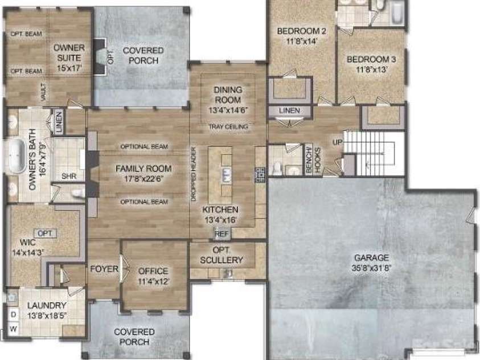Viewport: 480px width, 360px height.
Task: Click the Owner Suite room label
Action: [68, 53]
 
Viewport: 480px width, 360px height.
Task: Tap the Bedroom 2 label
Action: [301, 31]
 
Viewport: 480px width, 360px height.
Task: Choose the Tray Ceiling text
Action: [228, 126]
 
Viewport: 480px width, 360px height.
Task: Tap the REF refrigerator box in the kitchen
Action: [221, 233]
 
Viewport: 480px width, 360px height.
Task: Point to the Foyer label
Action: [104, 269]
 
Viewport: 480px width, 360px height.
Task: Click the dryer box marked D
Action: [13, 314]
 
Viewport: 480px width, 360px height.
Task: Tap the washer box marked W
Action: [13, 329]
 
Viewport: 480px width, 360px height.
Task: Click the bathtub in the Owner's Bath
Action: [15, 154]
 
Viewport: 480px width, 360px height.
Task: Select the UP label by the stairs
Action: [337, 141]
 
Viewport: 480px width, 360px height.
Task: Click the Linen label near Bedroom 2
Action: [290, 111]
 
